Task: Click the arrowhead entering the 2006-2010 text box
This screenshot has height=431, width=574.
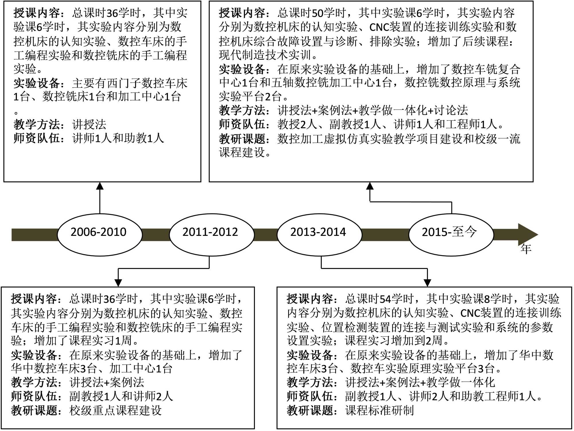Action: click(x=100, y=186)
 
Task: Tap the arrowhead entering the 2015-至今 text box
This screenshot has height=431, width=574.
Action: click(x=370, y=186)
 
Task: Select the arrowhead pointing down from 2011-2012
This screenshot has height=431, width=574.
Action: click(x=118, y=282)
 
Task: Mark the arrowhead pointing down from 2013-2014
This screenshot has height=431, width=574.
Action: click(x=427, y=282)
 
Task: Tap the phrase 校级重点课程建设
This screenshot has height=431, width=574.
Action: click(x=115, y=410)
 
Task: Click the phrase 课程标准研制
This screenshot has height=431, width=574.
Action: click(x=379, y=410)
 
